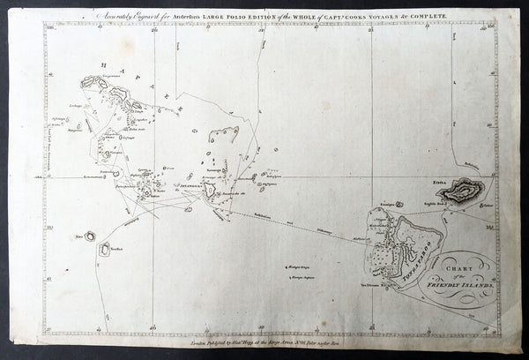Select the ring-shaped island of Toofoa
coord(106,248)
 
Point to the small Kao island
coord(90,236)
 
